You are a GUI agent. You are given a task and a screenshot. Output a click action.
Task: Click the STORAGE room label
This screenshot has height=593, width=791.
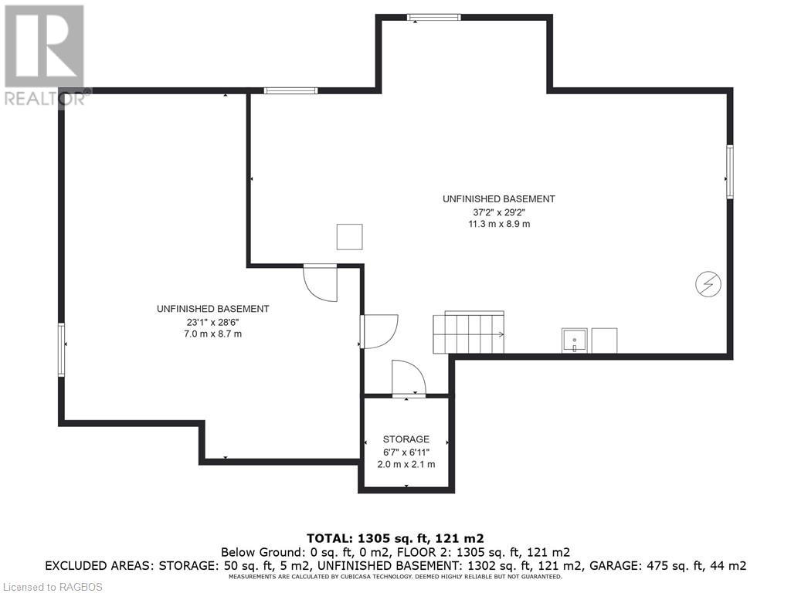point(406,439)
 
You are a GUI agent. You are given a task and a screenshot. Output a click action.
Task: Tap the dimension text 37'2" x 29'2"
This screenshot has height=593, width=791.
point(499,212)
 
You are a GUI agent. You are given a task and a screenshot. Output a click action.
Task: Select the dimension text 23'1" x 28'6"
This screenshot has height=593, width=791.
point(213,322)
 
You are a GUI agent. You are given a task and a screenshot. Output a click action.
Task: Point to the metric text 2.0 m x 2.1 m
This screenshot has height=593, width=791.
point(406,464)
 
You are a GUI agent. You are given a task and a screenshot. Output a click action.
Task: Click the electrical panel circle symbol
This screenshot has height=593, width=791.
point(708,284)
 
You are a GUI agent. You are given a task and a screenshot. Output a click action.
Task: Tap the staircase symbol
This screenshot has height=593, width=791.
point(469,332)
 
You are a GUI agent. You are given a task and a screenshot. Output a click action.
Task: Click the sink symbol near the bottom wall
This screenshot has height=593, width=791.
point(575,341)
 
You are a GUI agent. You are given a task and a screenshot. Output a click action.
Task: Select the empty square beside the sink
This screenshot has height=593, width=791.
point(604,341)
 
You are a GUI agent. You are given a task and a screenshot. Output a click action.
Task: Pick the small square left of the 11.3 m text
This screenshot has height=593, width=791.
point(350,236)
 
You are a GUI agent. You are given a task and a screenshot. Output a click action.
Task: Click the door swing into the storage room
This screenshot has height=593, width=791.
point(409,378)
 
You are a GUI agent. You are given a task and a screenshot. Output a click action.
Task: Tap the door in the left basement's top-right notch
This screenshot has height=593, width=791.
point(320,283)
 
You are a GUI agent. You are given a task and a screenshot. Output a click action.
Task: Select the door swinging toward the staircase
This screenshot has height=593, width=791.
point(379,331)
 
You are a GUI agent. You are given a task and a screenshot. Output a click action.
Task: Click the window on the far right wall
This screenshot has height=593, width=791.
point(729,171)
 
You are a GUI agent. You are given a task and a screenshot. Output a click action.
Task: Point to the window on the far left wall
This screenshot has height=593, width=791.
point(62,350)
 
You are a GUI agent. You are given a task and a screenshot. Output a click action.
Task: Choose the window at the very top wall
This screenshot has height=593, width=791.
point(434,18)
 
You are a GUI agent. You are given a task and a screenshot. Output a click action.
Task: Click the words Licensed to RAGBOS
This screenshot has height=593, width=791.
point(52,587)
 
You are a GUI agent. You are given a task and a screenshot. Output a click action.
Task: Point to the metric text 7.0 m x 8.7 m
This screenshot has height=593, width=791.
point(213,334)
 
